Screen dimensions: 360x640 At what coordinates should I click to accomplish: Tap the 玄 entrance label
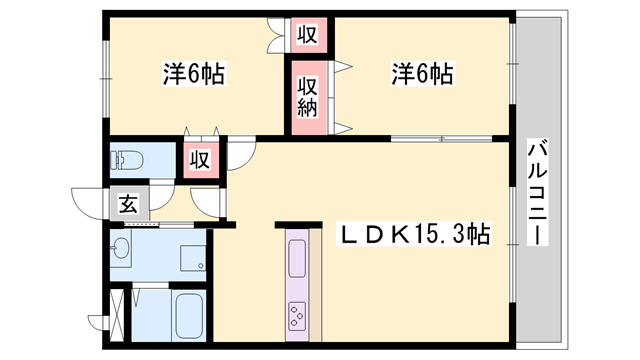tap(128, 204)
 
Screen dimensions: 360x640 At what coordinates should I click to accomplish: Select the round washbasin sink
tap(122, 249)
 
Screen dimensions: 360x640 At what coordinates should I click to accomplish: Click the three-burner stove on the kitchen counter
tap(299, 317)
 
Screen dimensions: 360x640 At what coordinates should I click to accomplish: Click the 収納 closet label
tap(307, 97)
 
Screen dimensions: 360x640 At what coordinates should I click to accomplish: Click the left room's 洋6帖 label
tap(193, 73)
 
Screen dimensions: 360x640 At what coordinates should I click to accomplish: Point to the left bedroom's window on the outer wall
tap(103, 75)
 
